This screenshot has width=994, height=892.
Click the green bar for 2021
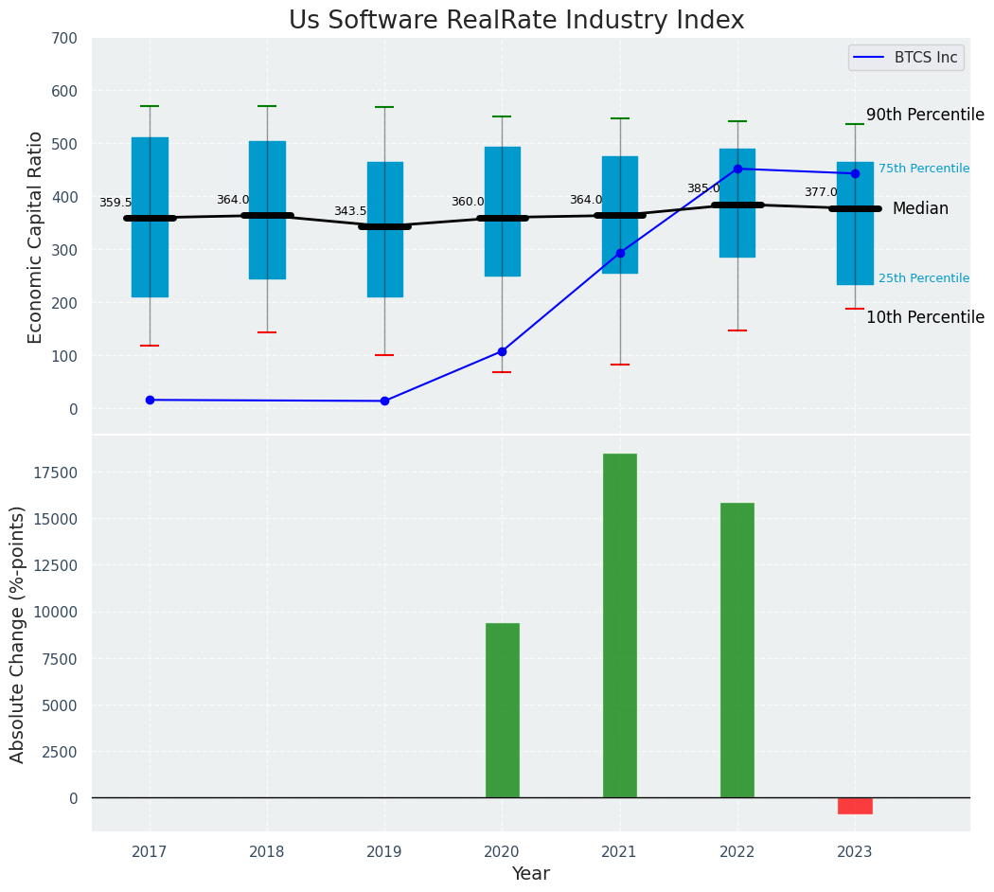pos(619,625)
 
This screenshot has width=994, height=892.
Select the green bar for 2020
pos(502,710)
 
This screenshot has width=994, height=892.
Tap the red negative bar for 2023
pos(855,806)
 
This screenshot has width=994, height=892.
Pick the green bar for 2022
pos(737,650)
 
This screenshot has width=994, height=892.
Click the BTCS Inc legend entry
pos(906,58)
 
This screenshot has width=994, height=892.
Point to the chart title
pos(516,21)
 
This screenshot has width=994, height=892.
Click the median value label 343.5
pos(350,211)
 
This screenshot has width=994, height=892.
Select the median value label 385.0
pos(703,188)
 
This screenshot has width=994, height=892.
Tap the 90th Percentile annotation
pos(925,115)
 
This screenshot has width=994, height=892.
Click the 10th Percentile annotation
pos(925,317)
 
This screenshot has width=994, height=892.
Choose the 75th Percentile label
pos(923,169)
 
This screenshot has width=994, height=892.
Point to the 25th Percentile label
pos(923,278)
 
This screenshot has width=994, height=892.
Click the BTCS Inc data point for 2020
pos(502,351)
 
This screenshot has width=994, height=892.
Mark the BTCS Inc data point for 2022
pos(737,169)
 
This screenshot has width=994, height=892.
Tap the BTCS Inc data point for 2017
pos(150,400)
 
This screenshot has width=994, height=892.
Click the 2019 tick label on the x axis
pos(384,852)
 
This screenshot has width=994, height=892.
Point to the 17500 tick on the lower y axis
pos(57,473)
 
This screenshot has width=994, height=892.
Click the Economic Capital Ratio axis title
pos(36,237)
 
